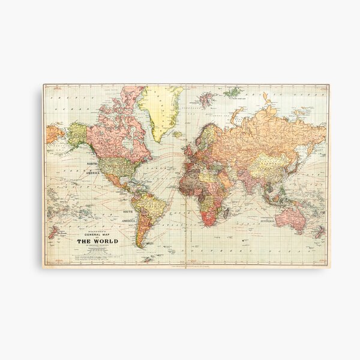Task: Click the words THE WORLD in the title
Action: [x=97, y=225]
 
